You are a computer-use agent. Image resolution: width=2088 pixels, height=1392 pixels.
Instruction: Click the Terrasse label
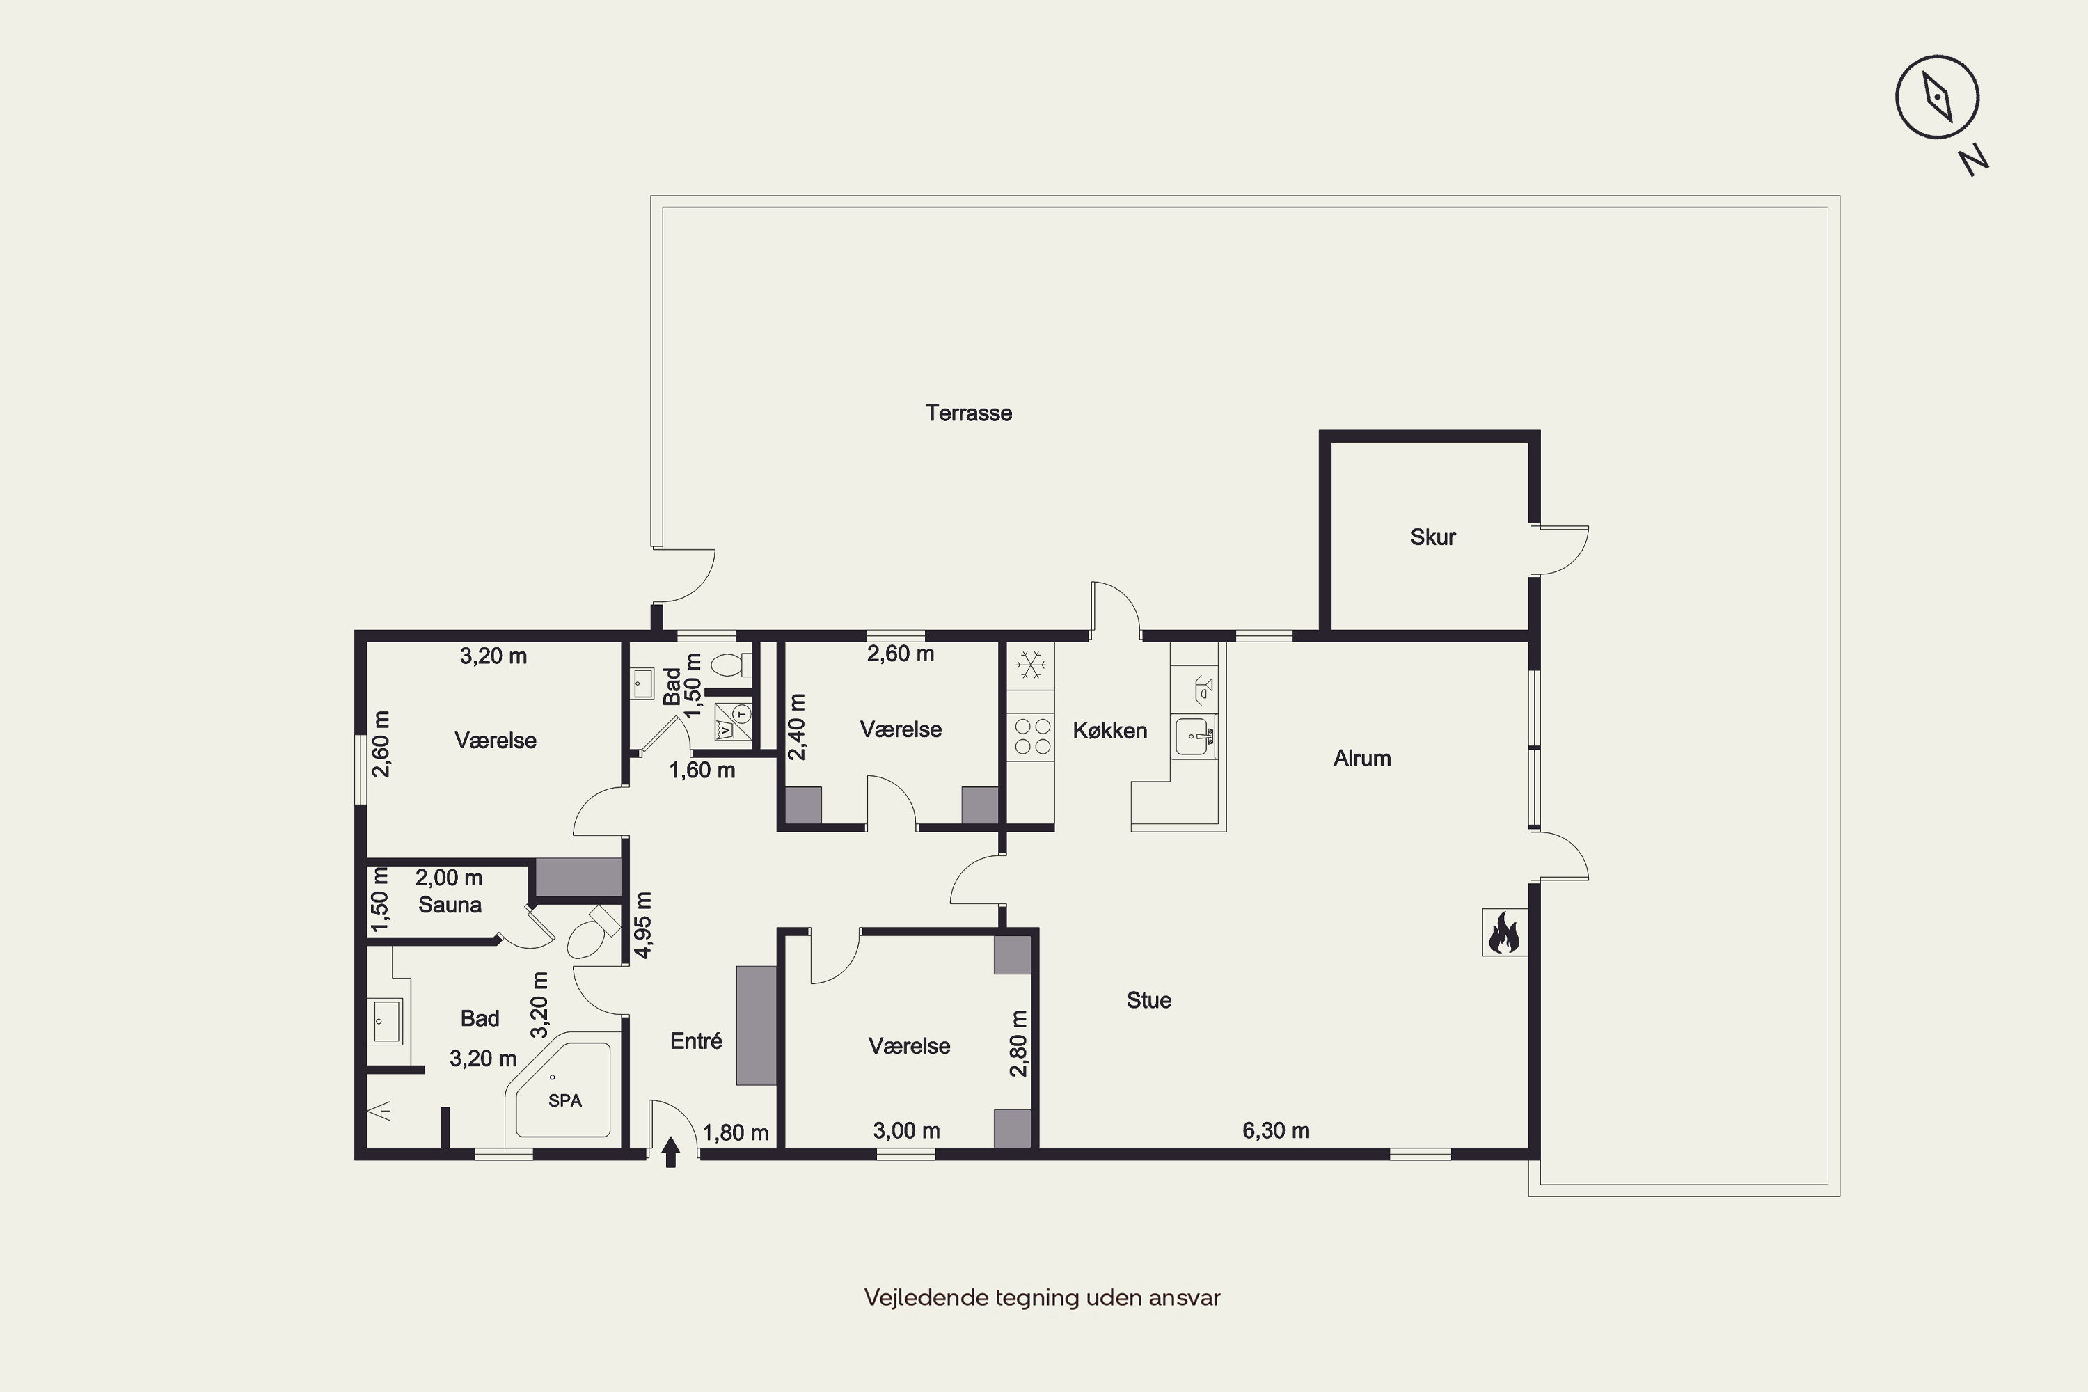pyautogui.click(x=969, y=413)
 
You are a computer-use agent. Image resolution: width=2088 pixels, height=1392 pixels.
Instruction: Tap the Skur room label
pyautogui.click(x=1433, y=537)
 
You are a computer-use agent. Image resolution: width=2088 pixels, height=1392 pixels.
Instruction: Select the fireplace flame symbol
pyautogui.click(x=1504, y=932)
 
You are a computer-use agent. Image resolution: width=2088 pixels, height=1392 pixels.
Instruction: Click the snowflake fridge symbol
pyautogui.click(x=1030, y=665)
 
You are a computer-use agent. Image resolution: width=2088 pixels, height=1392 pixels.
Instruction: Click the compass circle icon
pyautogui.click(x=1937, y=97)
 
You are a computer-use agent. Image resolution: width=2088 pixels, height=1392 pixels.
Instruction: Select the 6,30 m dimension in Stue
pyautogui.click(x=1276, y=1130)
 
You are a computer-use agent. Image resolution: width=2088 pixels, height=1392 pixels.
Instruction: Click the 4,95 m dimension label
pyautogui.click(x=644, y=925)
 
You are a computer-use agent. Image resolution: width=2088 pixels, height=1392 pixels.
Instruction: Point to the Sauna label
pyautogui.click(x=450, y=905)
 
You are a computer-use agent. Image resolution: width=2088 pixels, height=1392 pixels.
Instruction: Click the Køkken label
pyautogui.click(x=1109, y=731)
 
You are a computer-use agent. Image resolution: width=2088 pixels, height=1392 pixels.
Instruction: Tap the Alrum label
pyautogui.click(x=1362, y=758)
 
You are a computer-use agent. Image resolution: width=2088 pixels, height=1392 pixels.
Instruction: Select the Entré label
pyautogui.click(x=696, y=1041)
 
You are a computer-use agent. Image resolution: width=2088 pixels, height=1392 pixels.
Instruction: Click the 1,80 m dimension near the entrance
pyautogui.click(x=735, y=1133)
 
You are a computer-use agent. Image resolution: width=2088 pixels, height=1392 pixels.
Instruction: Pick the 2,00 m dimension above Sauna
pyautogui.click(x=449, y=878)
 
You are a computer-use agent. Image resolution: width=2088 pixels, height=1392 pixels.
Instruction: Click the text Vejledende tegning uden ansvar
pyautogui.click(x=1042, y=1297)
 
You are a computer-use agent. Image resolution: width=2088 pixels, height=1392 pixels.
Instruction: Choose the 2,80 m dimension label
pyautogui.click(x=1018, y=1043)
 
